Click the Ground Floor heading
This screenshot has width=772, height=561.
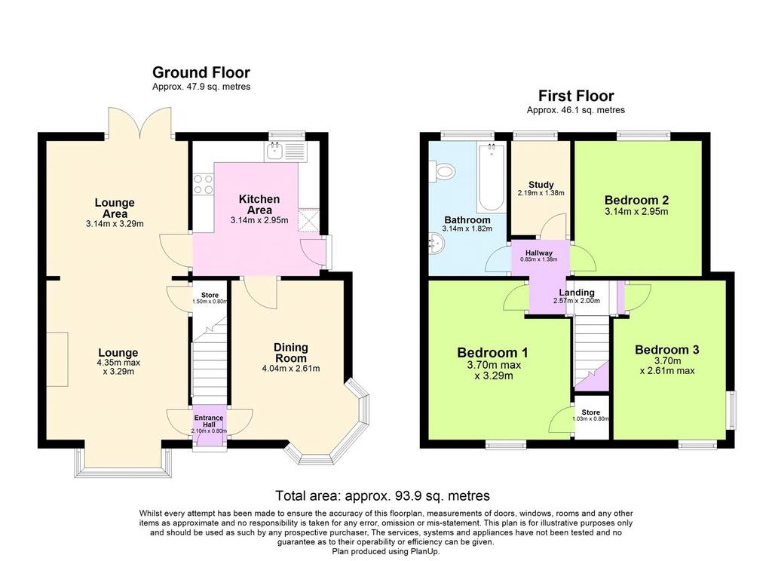coord(201,72)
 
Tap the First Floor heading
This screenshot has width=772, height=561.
coord(575,96)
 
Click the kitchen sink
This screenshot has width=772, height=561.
coord(286,151)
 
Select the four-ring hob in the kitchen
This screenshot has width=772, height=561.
coord(204,184)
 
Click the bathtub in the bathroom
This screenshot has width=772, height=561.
coord(491,177)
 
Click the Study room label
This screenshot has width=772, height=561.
coord(541,185)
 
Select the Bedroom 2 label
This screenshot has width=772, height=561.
coord(636,200)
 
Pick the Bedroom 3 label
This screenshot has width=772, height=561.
coord(666,350)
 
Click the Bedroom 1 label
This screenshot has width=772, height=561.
coord(492,353)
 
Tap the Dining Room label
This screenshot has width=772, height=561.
coord(290,353)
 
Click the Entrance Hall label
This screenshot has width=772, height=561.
coord(209,421)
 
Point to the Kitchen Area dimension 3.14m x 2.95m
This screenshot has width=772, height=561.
coord(259,220)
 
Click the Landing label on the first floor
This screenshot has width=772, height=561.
coord(577,293)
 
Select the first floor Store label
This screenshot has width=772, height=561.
coord(591,412)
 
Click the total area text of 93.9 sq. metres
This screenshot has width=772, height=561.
coord(382,495)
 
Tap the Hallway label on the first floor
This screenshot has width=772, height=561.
coord(538,253)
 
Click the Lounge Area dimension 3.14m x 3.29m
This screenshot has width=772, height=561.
coord(115,224)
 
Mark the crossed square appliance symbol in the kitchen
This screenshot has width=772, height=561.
coord(308,219)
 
